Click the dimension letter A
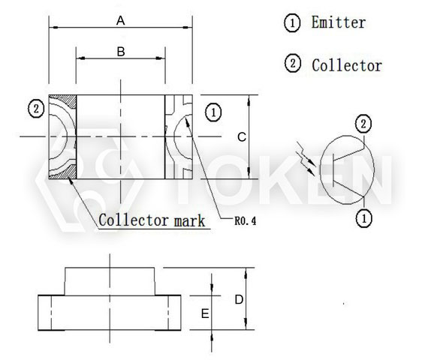tap(120, 21)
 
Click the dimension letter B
tap(119, 51)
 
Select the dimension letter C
tap(240, 137)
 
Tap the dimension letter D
tap(238, 299)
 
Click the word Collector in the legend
tap(346, 65)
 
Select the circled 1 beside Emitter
tap(292, 22)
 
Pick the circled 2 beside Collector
tap(292, 64)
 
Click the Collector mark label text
tap(152, 221)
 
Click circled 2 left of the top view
tap(35, 109)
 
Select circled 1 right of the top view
tap(213, 113)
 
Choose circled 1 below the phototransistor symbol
tap(363, 218)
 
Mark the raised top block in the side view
tap(110, 281)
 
